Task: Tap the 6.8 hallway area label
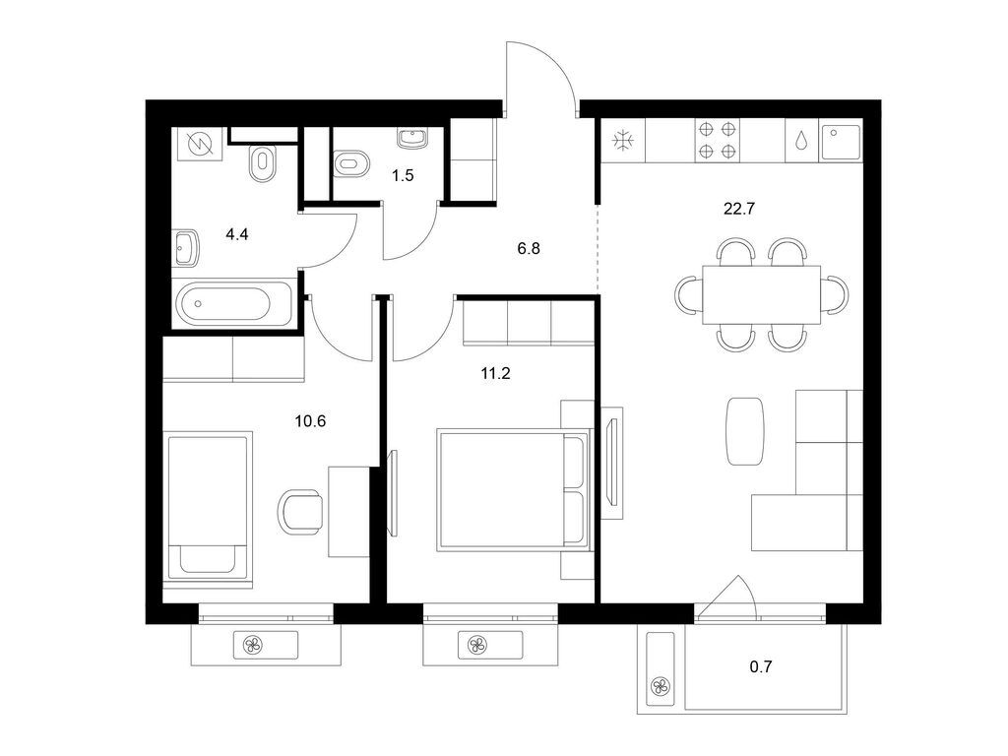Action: pos(529,249)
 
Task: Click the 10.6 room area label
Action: pos(310,420)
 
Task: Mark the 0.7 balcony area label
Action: pos(761,666)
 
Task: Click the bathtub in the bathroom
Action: pos(233,304)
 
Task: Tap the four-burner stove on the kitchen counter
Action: pos(718,140)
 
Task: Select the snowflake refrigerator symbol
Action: pos(621,141)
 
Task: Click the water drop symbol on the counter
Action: pos(802,141)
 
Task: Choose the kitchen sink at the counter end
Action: pos(842,141)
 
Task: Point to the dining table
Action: pos(762,293)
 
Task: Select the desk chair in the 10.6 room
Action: pos(300,511)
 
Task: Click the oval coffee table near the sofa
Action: pos(746,430)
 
